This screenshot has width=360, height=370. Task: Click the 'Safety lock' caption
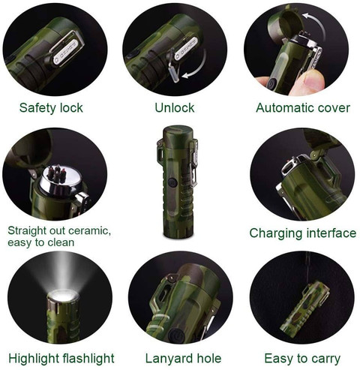click(51, 108)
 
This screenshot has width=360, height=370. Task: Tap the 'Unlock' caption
click(175, 108)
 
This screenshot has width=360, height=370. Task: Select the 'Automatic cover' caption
click(303, 108)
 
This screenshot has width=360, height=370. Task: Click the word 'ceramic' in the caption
click(89, 230)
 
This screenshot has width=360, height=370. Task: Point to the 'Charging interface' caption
click(303, 233)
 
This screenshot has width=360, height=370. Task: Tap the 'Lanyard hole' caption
click(183, 358)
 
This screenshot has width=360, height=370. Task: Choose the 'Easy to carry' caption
click(302, 359)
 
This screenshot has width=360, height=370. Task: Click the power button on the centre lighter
click(172, 182)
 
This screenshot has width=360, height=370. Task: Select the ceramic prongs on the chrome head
click(58, 173)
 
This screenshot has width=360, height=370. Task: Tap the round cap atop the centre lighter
click(178, 133)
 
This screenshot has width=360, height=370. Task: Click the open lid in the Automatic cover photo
click(286, 24)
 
